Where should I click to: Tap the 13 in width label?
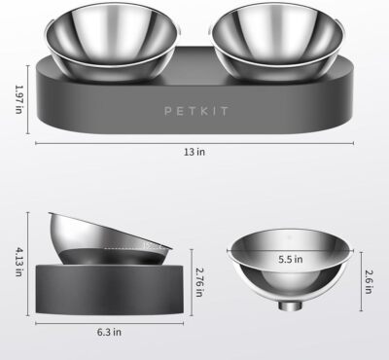point(194,152)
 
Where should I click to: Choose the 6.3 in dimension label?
point(108,331)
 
